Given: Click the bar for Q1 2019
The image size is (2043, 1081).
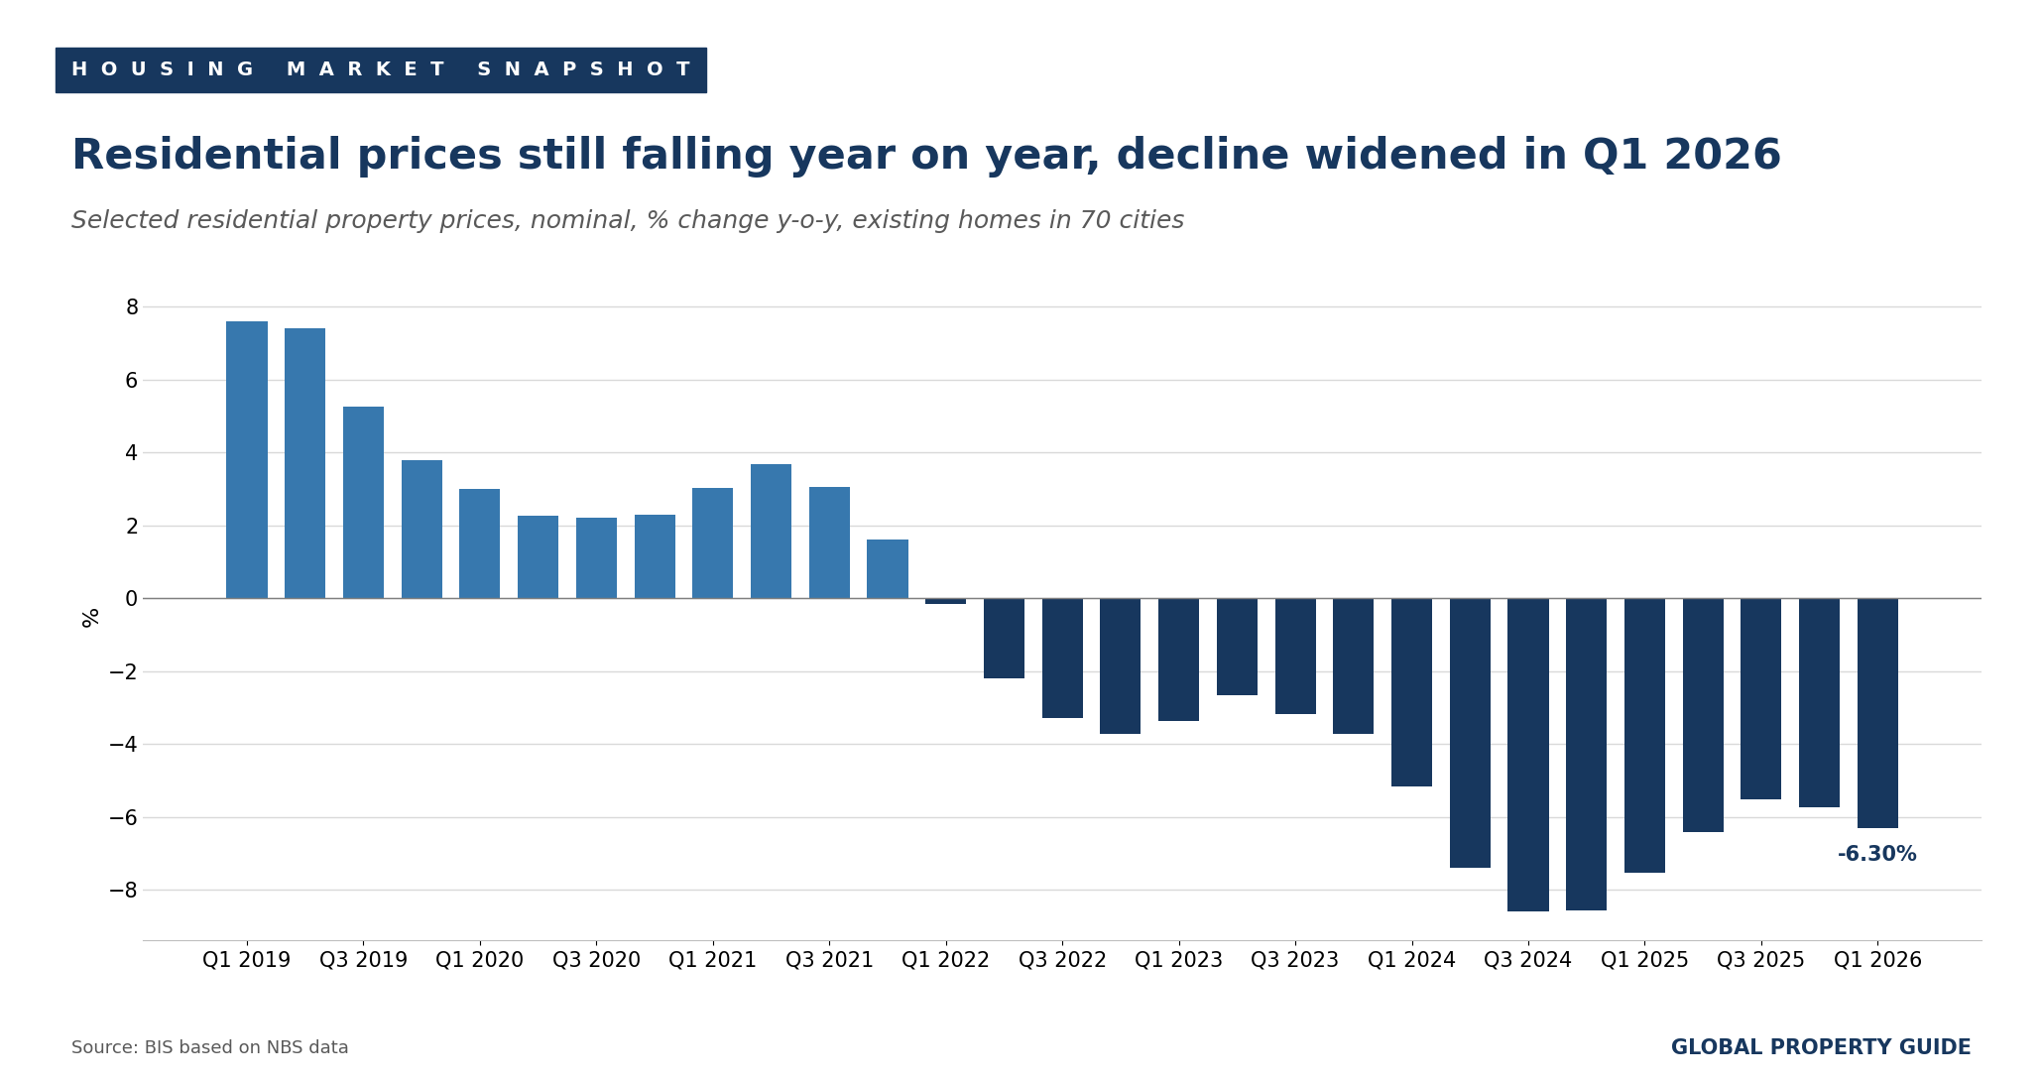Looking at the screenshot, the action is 247,459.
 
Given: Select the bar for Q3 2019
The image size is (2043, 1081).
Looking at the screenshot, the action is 363,502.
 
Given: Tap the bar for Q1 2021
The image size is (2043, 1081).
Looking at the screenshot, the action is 713,542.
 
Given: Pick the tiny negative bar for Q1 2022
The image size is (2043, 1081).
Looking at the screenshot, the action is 945,601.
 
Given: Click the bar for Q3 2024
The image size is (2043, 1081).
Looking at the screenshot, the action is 1528,755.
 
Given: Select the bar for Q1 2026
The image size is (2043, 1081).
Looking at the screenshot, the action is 1877,713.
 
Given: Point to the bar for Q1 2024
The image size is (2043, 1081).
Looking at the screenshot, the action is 1411,692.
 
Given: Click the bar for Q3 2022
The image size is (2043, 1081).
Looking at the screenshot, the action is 1062,658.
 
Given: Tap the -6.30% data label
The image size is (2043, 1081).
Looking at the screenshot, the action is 1877,854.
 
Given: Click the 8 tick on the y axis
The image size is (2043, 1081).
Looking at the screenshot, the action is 132,307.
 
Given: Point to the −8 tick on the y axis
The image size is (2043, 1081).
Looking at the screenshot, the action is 123,891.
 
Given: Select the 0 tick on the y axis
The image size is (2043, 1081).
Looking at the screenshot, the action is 132,599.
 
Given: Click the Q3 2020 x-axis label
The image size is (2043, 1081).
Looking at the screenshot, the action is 596,960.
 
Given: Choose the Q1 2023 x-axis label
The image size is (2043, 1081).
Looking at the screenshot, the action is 1179,960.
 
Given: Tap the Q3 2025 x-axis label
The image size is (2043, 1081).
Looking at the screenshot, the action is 1761,960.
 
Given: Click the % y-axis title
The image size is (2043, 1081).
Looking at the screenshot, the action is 91,618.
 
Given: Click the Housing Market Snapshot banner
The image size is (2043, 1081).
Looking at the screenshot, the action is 381,70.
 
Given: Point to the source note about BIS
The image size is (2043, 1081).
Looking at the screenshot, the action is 210,1047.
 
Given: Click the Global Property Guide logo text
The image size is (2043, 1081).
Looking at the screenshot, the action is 1821,1047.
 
